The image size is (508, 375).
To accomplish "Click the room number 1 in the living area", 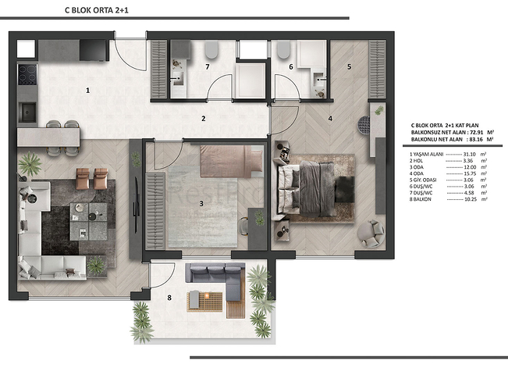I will pos(88,91).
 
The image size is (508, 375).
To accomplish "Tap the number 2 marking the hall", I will pos(203,119).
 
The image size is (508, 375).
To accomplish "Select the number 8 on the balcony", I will pos(169,296).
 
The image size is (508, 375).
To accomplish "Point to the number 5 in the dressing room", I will pos(349,66).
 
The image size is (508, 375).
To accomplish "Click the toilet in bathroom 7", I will pos(211,51).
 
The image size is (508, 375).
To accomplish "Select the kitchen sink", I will pos(28,111).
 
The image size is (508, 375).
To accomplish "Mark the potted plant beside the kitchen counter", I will pos(30,163).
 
